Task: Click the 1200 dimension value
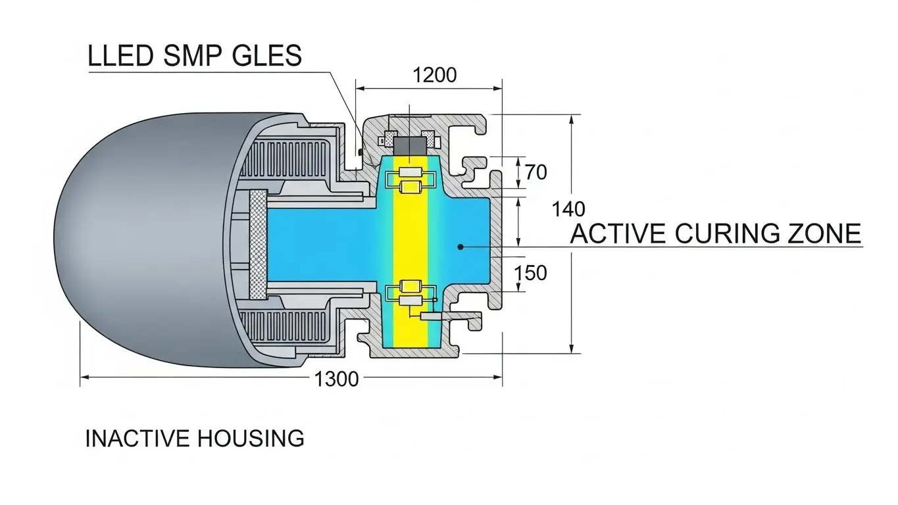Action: [x=434, y=75]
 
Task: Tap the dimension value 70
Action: [x=536, y=172]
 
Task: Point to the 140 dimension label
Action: [x=568, y=209]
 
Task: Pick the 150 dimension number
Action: [x=530, y=272]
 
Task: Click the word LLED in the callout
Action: [x=120, y=56]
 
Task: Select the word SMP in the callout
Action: [x=191, y=56]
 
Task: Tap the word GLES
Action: [x=266, y=56]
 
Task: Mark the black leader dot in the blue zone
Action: [x=461, y=247]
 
